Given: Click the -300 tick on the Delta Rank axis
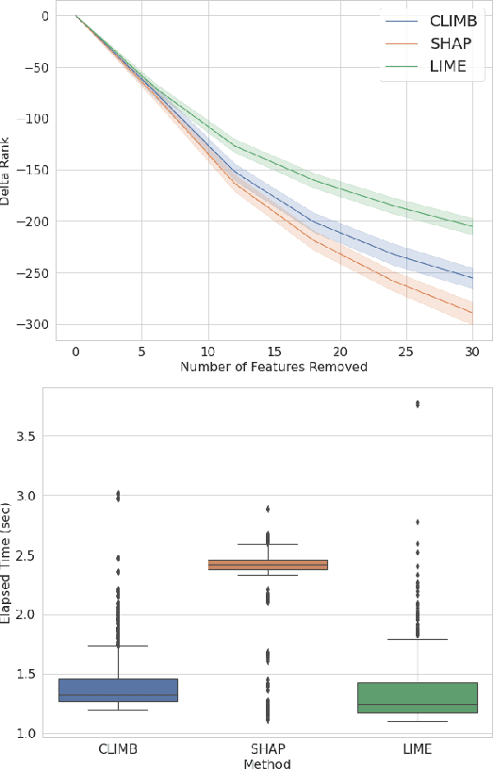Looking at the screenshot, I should pos(36,324).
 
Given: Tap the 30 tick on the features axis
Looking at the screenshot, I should pos(472,350).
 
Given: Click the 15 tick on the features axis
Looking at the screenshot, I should pos(273,350).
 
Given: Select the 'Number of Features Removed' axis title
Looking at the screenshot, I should pos(273,366).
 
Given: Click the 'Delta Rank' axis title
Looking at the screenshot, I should pos(7,170).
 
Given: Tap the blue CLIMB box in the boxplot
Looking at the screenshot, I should pos(118,690).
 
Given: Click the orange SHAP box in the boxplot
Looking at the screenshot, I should pos(288,564).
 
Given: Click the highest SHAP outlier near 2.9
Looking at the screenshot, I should pos(268,509).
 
